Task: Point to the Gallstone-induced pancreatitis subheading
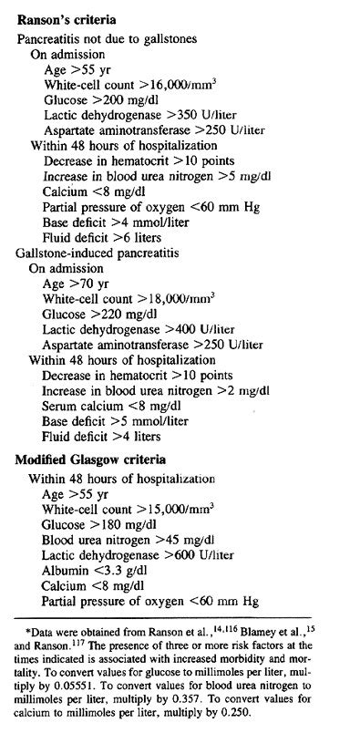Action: click(96, 251)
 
